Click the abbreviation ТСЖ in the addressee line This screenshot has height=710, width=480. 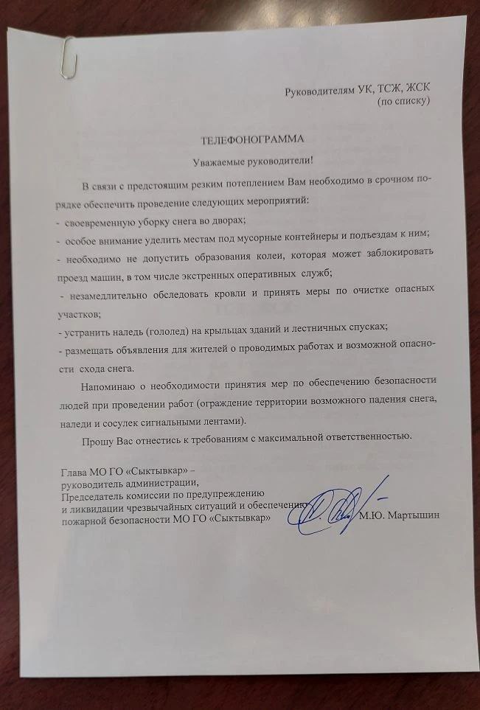click(x=383, y=90)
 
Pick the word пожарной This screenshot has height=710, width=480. click(x=83, y=518)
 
